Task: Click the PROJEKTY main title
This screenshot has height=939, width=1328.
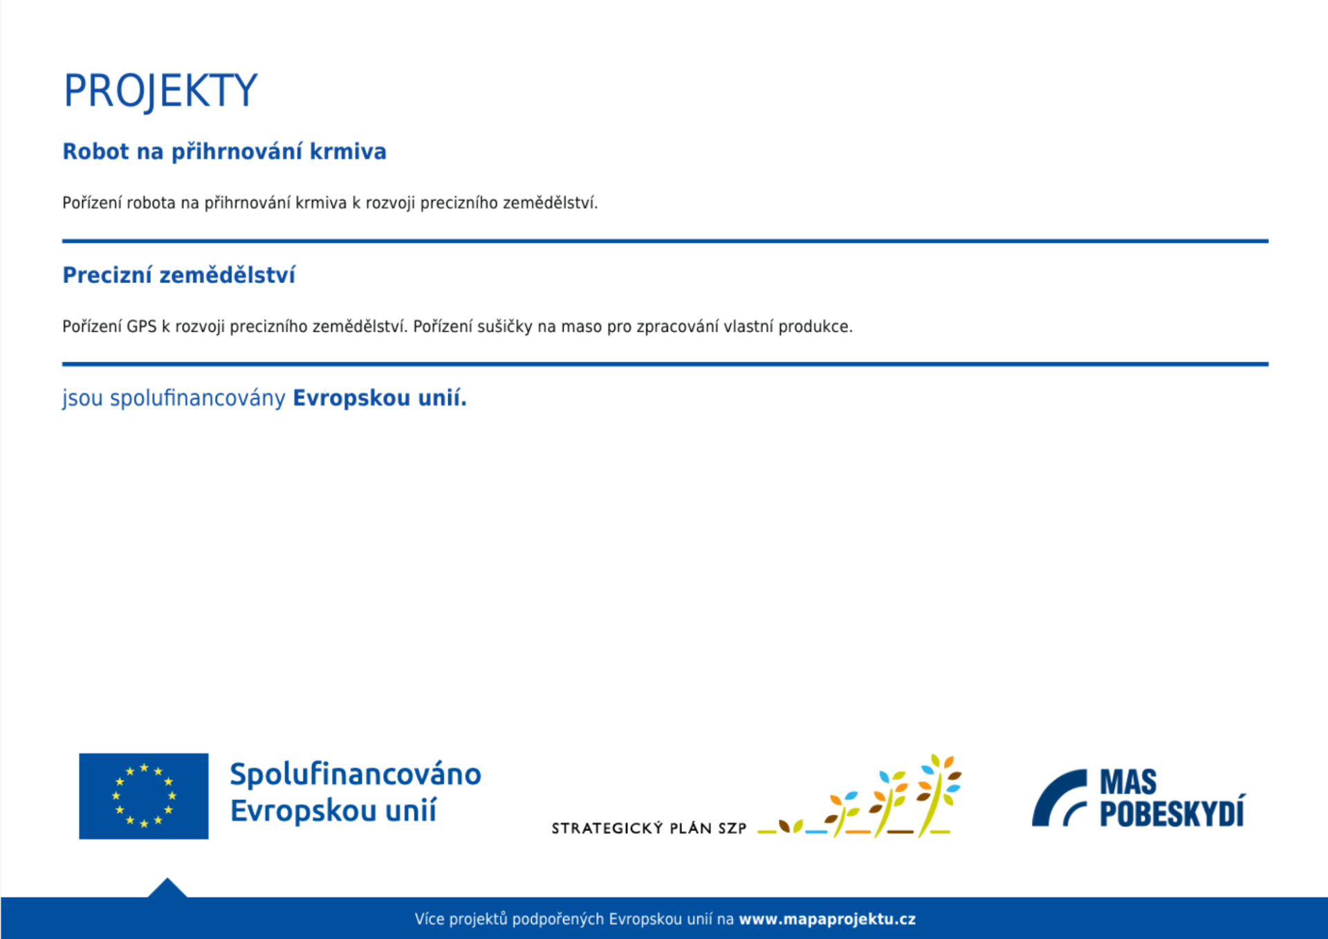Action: [160, 91]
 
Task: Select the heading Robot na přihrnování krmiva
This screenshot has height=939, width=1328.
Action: [224, 152]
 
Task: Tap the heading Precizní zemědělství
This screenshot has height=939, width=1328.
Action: [178, 275]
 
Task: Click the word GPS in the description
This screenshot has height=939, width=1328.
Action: [142, 327]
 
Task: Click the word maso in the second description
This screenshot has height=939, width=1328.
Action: [581, 327]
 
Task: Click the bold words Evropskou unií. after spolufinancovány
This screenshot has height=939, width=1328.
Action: [380, 398]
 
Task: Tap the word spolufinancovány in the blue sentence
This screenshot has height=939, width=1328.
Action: [198, 399]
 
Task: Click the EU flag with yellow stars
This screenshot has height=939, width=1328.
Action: [144, 796]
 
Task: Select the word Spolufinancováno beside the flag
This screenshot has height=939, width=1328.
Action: [356, 774]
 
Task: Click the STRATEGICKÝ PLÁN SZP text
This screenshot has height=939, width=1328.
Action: [649, 828]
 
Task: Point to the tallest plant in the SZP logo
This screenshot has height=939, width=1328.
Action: [938, 796]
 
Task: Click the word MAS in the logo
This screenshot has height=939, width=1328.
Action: [1128, 783]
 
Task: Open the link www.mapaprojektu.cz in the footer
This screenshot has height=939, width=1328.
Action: [827, 919]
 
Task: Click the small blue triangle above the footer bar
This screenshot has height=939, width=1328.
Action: [167, 888]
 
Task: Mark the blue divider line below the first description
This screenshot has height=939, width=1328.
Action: [665, 241]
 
